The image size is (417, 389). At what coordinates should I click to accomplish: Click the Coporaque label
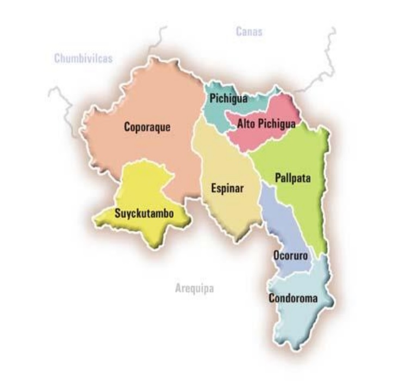(x=147, y=127)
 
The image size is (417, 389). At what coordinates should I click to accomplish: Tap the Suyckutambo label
(x=144, y=214)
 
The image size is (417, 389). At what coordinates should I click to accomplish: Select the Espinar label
(x=227, y=189)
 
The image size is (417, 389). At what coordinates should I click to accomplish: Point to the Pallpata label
(x=292, y=178)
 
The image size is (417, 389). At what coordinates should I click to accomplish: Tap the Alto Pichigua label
(x=266, y=124)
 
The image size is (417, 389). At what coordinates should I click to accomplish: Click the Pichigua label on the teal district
(x=228, y=98)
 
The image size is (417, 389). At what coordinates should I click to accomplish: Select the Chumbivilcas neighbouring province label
(x=83, y=58)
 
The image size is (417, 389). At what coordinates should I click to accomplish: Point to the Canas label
(x=249, y=32)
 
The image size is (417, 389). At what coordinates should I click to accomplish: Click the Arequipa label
(x=194, y=288)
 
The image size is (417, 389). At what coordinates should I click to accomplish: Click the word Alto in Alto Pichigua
(x=247, y=124)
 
